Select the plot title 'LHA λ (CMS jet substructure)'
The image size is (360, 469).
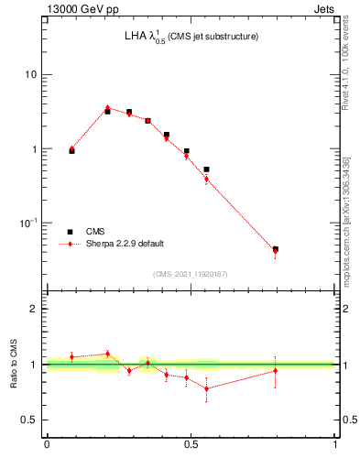pyautogui.click(x=191, y=37)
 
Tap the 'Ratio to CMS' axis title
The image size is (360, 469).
pyautogui.click(x=13, y=365)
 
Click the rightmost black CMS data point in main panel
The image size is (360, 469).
pyautogui.click(x=276, y=249)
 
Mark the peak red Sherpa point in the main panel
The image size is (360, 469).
pyautogui.click(x=107, y=108)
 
